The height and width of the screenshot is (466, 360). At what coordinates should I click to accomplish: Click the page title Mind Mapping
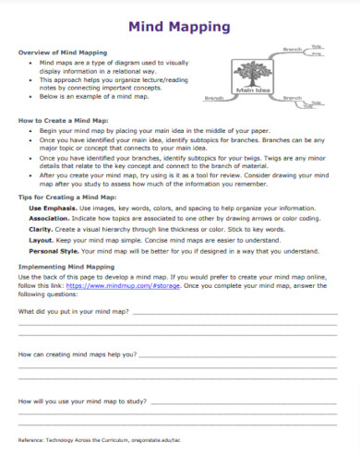coord(181,27)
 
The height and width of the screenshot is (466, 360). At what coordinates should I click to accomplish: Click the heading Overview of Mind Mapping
coord(63,53)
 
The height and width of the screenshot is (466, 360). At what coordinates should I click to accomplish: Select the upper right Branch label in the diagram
coord(293,48)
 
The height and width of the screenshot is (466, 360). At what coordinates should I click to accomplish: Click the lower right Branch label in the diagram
coord(294,96)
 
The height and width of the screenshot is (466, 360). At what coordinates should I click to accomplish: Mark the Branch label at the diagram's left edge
coord(214,97)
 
